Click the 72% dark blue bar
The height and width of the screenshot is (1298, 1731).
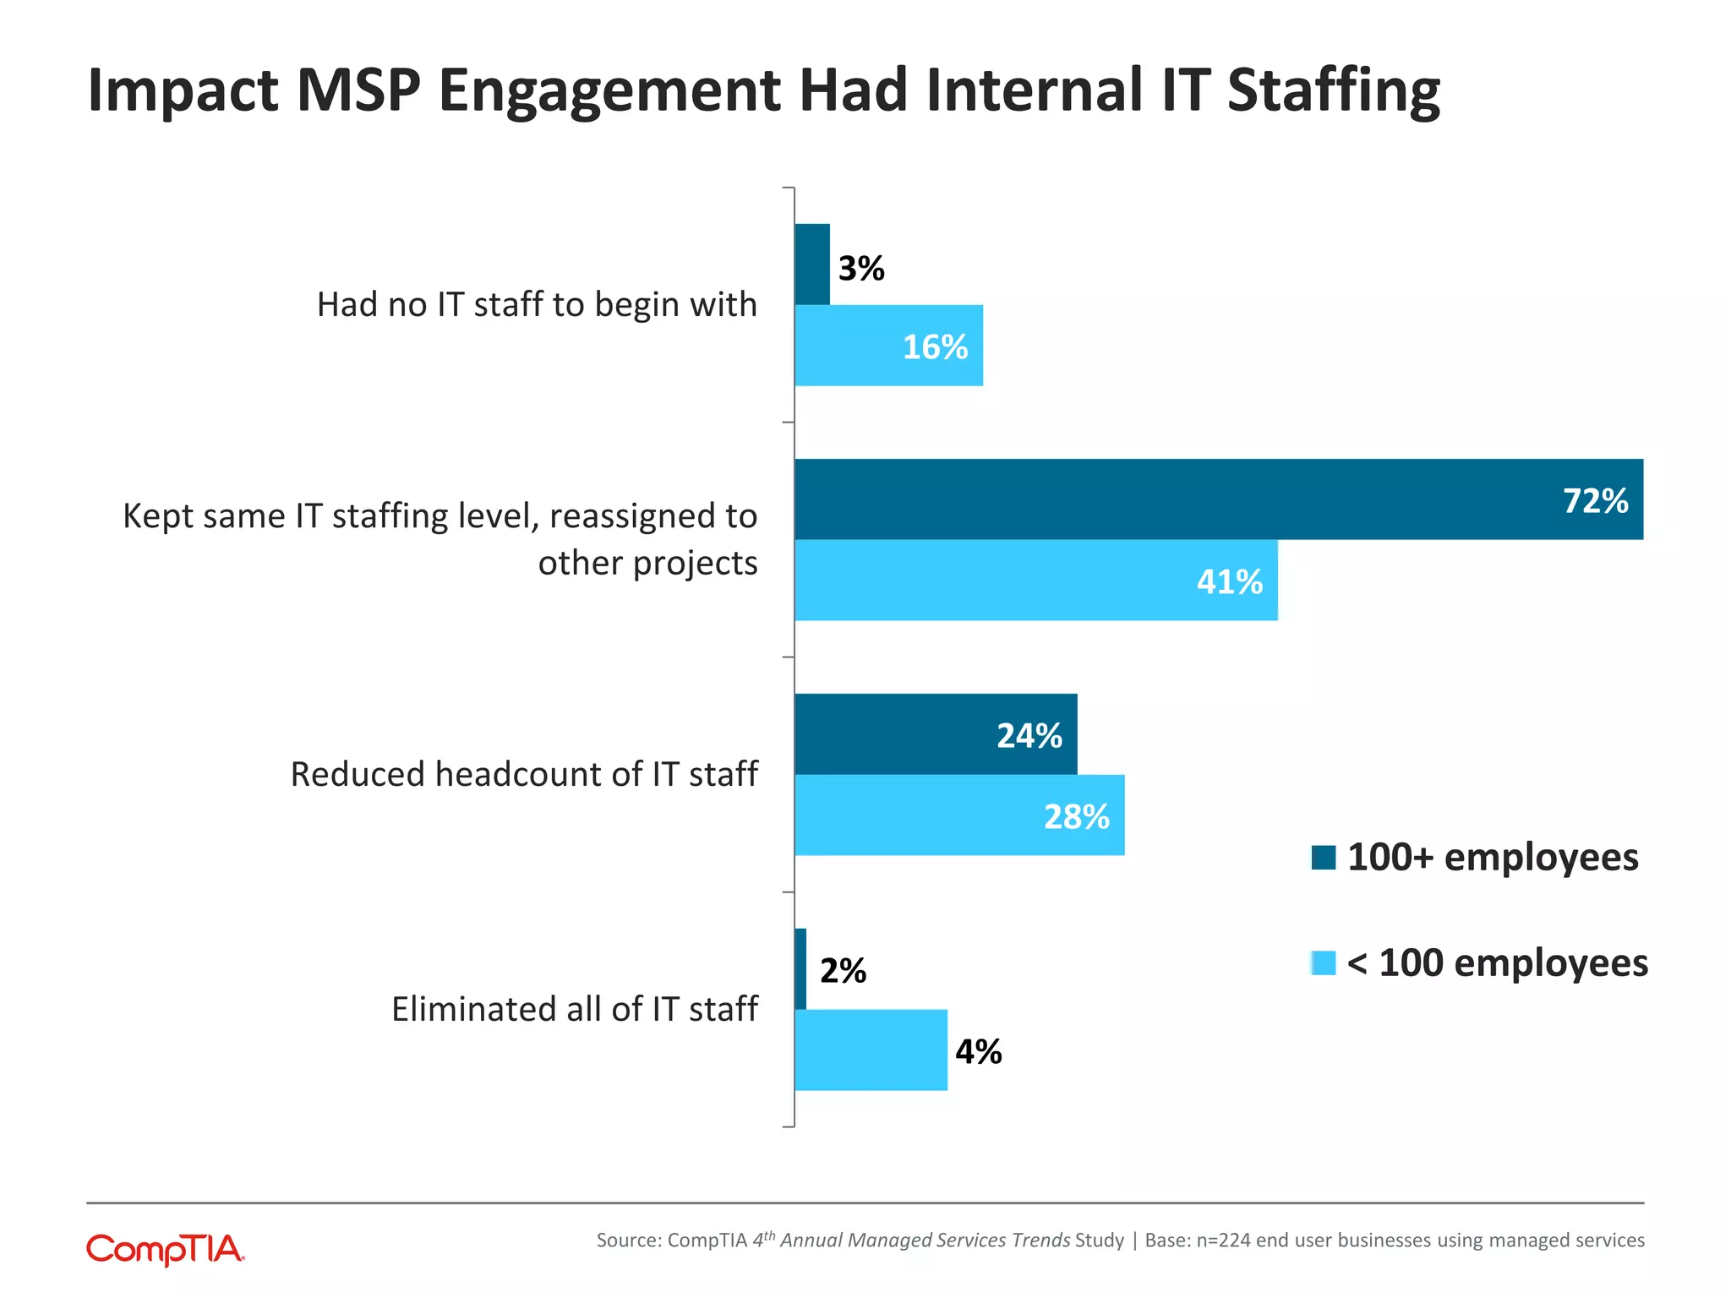1217,499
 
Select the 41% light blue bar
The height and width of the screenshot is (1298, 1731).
1035,581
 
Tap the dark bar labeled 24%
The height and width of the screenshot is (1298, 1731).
935,734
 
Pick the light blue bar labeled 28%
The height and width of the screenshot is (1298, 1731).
958,815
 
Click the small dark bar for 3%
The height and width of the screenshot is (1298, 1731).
812,265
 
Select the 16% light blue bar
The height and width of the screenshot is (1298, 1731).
888,346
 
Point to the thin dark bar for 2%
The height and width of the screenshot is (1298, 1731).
800,969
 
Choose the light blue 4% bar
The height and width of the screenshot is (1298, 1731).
871,1050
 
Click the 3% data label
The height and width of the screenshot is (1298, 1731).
861,269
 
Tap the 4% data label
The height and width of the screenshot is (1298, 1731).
979,1052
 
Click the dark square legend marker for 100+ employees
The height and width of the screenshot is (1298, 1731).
1324,858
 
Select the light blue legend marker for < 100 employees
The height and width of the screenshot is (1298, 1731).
1324,963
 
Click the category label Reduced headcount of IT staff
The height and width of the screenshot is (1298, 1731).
524,774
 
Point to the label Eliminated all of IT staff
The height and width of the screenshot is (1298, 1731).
574,1009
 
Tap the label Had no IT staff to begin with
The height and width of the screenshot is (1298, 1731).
537,305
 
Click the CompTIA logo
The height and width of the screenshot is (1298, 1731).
166,1250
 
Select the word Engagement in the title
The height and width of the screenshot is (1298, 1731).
609,91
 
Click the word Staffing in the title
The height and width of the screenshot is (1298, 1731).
1333,91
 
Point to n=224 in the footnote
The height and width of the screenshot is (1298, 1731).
1223,1241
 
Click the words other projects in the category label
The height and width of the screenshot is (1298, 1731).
647,564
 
